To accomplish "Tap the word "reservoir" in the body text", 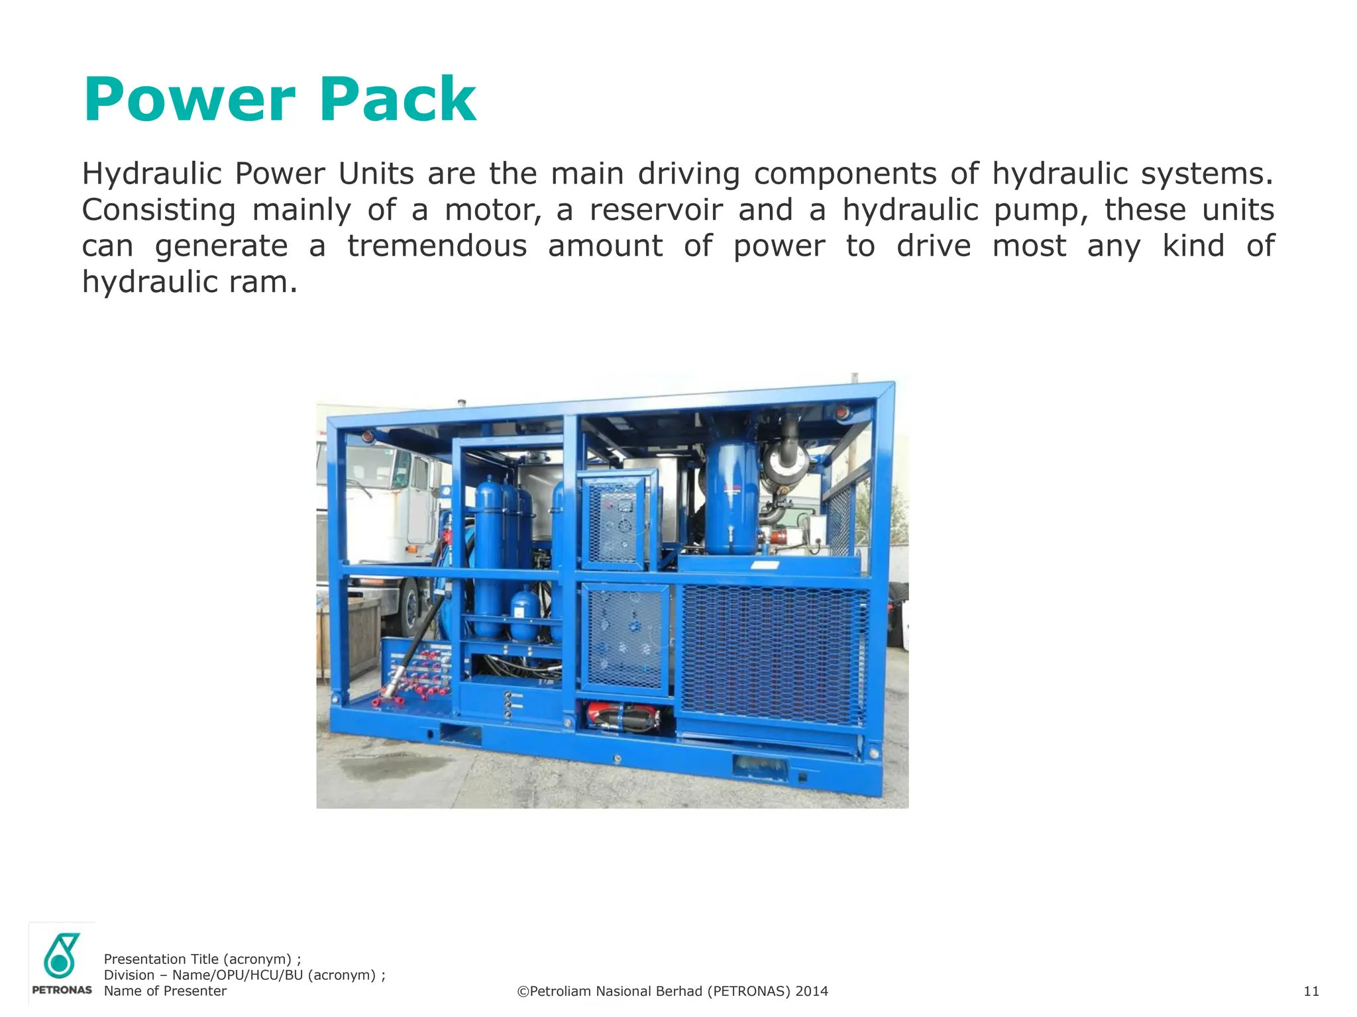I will pyautogui.click(x=656, y=210).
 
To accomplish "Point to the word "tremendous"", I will pyautogui.click(x=437, y=246).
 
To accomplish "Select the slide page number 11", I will pyautogui.click(x=1311, y=991).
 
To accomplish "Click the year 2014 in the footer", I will pyautogui.click(x=812, y=991).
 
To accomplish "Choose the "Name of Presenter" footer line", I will pyautogui.click(x=165, y=991).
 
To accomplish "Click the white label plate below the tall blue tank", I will pyautogui.click(x=765, y=565).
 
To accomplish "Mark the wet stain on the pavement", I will pyautogui.click(x=391, y=768).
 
